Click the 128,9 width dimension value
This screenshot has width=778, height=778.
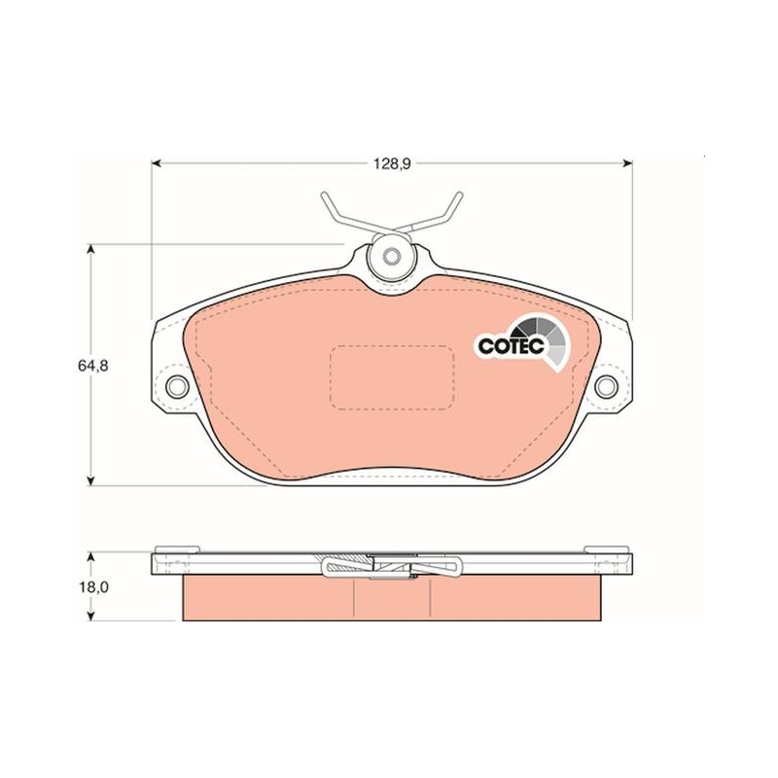392,164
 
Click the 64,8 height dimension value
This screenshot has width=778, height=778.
92,366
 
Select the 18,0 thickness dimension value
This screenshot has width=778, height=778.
93,587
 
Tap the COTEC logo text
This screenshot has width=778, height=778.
512,345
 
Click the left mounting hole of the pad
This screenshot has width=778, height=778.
177,386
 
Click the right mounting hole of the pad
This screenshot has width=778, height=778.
606,386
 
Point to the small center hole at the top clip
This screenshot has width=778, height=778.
392,256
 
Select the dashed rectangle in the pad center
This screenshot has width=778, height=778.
392,377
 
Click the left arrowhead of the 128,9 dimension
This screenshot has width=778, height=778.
156,162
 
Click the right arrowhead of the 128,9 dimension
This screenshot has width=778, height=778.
628,162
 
